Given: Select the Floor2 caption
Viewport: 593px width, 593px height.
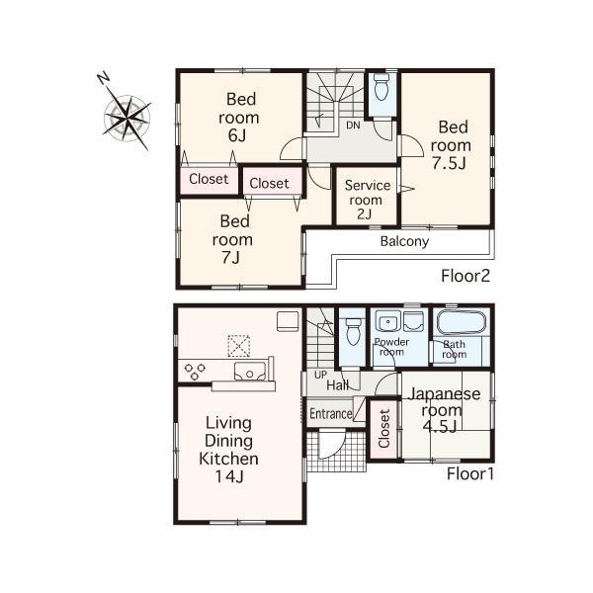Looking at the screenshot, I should (x=466, y=276).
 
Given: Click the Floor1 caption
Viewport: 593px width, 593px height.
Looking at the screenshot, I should (x=468, y=473).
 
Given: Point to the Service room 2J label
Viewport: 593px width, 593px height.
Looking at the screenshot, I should (x=366, y=200).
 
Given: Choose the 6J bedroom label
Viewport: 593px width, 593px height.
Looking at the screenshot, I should (x=237, y=117).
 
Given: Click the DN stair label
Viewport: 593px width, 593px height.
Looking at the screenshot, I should (x=353, y=125).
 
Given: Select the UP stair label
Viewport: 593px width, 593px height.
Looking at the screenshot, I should (x=319, y=375).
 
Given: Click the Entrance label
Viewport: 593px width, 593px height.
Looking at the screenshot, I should (x=330, y=413).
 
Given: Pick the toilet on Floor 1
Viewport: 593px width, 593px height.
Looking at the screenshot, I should (x=352, y=332).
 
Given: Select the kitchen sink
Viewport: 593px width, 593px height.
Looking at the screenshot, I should (x=251, y=372).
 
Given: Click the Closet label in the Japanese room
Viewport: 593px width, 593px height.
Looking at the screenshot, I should (x=384, y=431).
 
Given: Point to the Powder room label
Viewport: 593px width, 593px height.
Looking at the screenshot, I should (x=391, y=346).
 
